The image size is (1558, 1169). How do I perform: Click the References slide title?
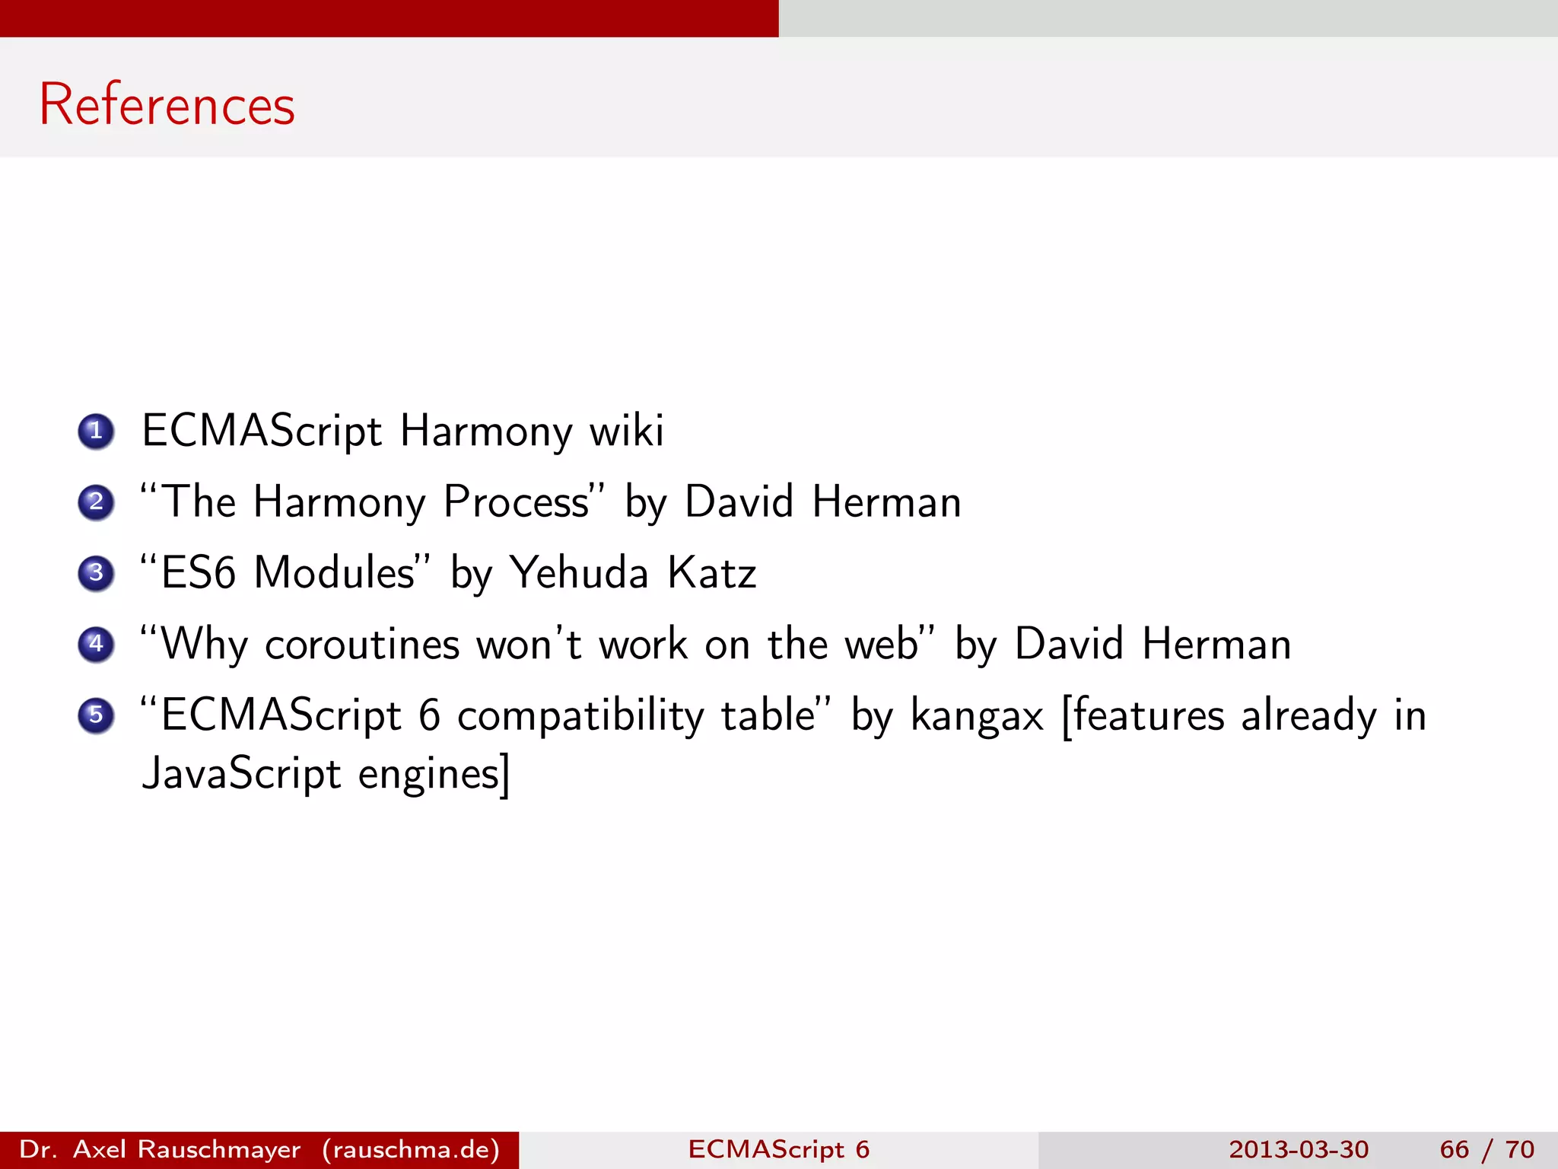(x=167, y=104)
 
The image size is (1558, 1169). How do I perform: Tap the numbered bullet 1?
(x=96, y=431)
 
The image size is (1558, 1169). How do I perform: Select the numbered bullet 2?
(x=96, y=502)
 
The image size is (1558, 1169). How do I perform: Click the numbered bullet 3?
(x=96, y=572)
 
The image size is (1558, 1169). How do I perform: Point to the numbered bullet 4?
(x=96, y=644)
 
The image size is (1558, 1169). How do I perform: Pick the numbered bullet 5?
(x=96, y=715)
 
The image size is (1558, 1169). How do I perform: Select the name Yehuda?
(x=578, y=572)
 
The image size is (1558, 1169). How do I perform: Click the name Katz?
(x=711, y=572)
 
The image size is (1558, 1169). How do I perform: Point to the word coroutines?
(x=362, y=645)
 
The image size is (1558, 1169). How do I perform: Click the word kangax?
(x=977, y=717)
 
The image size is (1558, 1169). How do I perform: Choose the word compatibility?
(x=581, y=717)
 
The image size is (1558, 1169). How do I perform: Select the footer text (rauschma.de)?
(x=411, y=1149)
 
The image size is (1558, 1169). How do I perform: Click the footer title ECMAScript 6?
(x=778, y=1149)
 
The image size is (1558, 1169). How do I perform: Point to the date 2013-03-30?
(x=1299, y=1149)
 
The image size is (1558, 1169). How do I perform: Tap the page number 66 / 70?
(x=1486, y=1149)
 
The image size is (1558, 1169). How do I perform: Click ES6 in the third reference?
(x=198, y=572)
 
